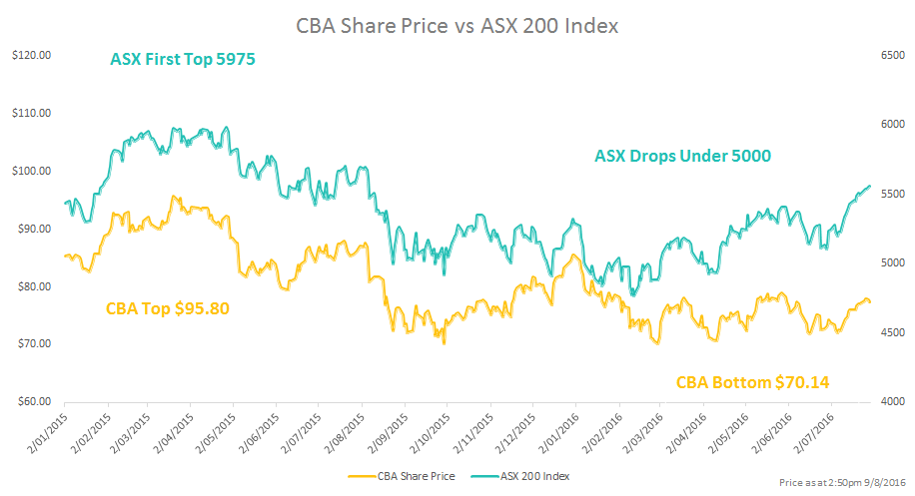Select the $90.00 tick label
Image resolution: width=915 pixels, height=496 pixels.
(32, 229)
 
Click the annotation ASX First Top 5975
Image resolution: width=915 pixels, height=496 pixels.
(183, 60)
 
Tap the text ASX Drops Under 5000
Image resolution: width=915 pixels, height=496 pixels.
(682, 156)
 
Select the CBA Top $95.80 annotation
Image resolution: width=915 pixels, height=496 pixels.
(168, 308)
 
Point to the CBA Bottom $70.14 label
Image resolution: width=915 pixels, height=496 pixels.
(753, 382)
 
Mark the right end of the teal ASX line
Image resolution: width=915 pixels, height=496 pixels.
(870, 186)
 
